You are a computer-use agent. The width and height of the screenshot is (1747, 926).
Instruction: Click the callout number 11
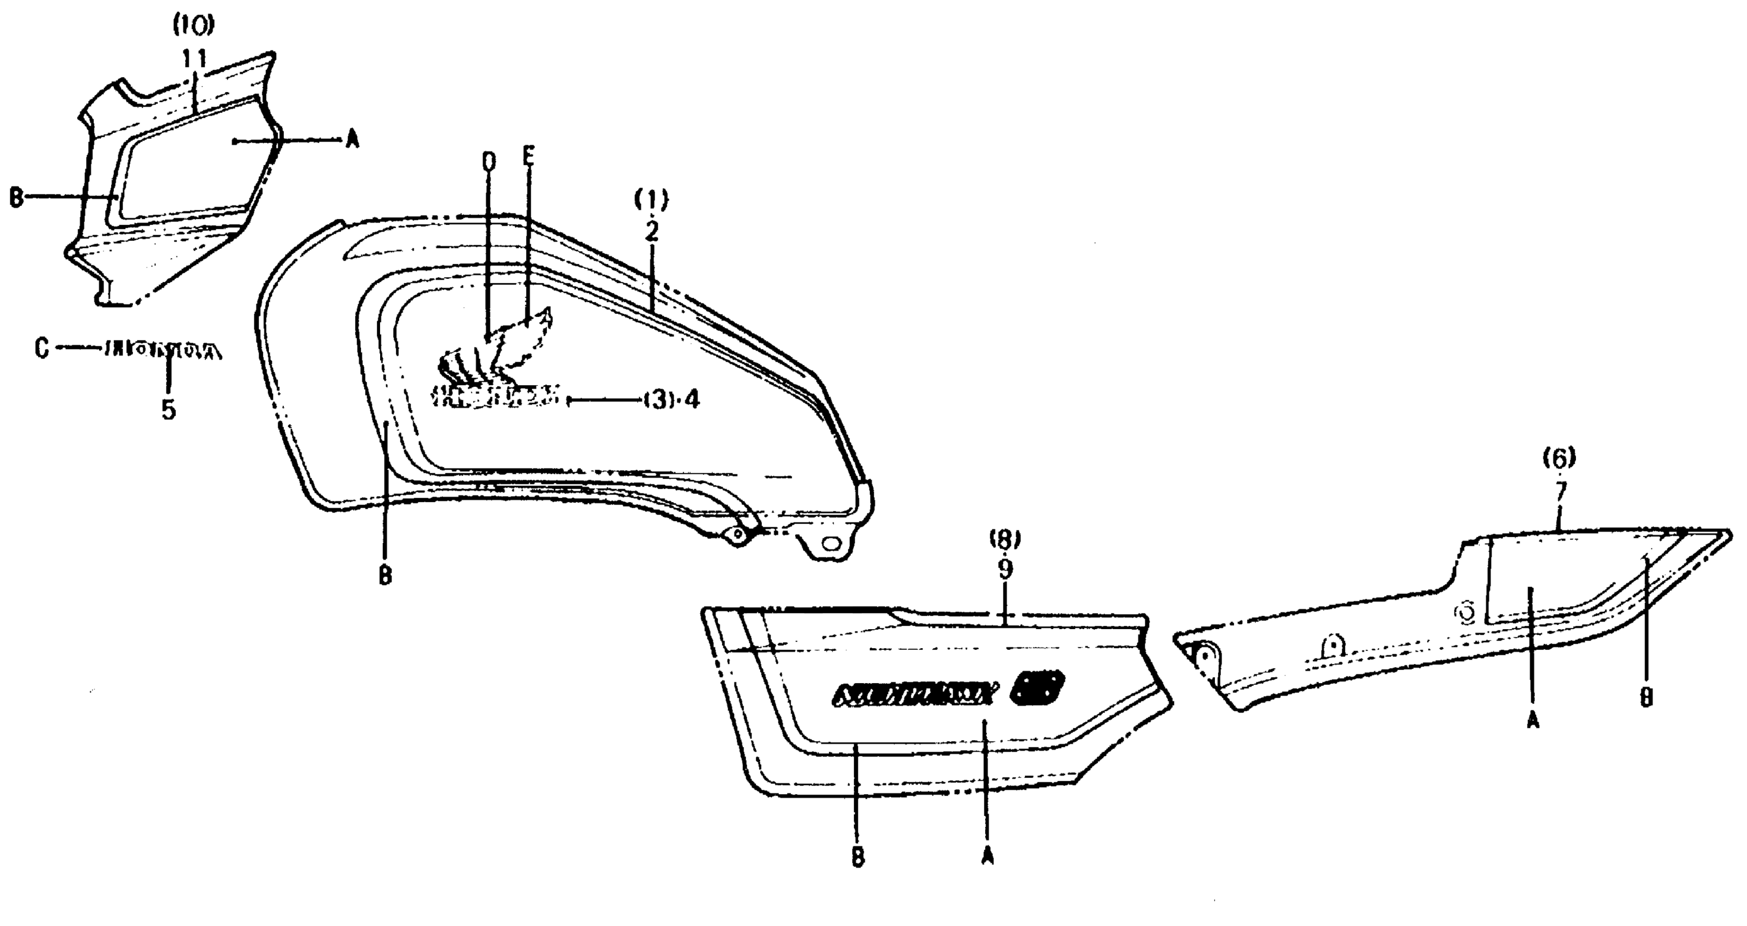click(194, 60)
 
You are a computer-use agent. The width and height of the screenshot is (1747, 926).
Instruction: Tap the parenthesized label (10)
click(193, 26)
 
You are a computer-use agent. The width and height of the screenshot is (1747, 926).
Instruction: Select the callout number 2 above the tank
click(651, 232)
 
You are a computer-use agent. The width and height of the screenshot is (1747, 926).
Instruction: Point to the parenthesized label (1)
click(651, 199)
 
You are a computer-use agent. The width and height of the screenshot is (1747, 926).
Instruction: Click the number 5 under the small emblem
click(169, 410)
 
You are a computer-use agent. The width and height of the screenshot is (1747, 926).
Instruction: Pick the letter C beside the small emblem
click(42, 349)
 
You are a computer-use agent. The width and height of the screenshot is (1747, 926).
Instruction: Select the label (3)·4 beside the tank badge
click(671, 400)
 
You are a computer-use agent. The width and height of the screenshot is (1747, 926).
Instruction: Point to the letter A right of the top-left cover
click(352, 141)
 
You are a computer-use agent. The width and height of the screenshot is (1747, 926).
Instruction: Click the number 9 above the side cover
click(1004, 569)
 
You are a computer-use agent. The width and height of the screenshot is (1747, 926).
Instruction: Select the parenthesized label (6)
click(1560, 459)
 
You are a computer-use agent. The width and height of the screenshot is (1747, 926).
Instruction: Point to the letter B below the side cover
click(858, 857)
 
